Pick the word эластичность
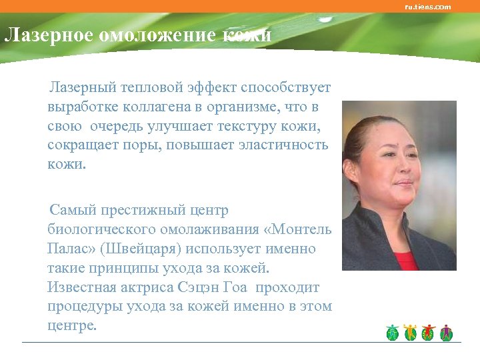point(279,145)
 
